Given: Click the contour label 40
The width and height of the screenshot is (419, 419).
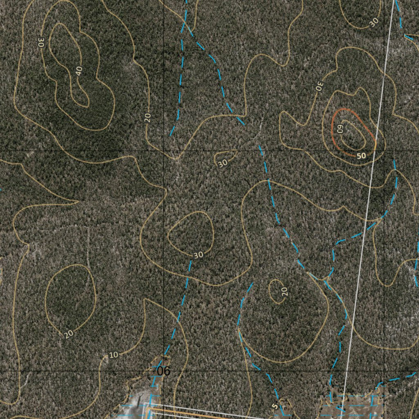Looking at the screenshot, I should click(x=79, y=71).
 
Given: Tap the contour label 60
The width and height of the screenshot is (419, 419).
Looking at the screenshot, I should click(x=340, y=128).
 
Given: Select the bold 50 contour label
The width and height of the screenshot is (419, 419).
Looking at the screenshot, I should click(x=361, y=155).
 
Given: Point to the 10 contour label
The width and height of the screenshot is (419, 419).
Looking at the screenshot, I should click(x=113, y=355).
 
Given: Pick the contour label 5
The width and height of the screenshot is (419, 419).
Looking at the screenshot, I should click(x=275, y=406).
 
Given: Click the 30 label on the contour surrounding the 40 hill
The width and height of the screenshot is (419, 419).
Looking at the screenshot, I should click(x=41, y=42).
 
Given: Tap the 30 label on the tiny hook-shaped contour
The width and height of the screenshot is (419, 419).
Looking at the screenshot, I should click(x=223, y=163).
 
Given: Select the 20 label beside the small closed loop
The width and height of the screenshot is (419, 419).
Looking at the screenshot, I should click(x=285, y=291).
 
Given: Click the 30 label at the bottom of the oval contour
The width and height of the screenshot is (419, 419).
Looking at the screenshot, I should click(x=198, y=255).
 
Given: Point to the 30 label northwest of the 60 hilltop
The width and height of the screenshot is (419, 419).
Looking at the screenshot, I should click(x=320, y=86).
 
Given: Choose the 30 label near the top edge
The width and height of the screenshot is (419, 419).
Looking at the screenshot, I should click(x=374, y=23).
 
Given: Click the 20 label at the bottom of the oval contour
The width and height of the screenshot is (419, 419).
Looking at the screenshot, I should click(x=69, y=334).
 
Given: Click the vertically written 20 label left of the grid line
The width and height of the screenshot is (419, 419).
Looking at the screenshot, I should click(x=148, y=117).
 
